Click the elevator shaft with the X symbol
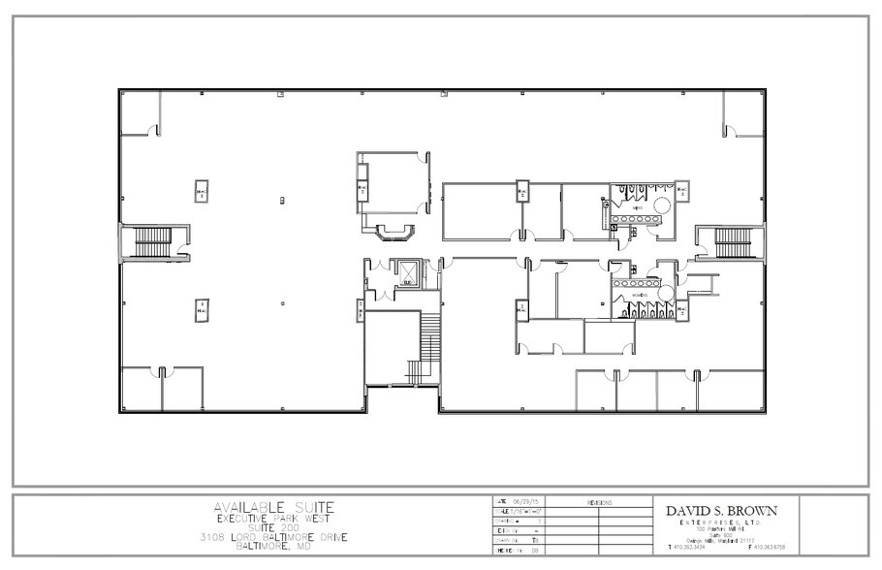[x=408, y=275]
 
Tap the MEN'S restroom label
[x=637, y=207]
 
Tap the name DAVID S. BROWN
[x=720, y=510]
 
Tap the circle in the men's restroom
[x=662, y=205]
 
